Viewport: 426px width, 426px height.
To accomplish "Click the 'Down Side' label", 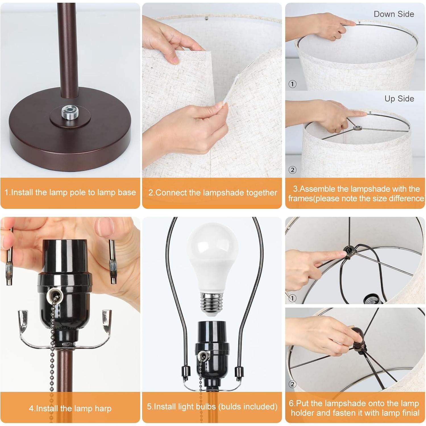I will point(394,14).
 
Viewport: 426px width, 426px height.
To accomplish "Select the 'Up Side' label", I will point(399,99).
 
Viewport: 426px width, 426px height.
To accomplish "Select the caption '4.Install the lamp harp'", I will point(70,408).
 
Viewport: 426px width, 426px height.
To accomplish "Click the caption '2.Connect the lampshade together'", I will point(212,193).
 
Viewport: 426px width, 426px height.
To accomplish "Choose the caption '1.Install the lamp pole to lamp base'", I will point(70,192).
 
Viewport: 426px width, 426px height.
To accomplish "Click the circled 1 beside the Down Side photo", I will point(292,84).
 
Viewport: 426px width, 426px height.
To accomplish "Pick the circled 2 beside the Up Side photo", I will point(292,170).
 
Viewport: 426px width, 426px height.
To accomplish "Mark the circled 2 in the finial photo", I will point(292,384).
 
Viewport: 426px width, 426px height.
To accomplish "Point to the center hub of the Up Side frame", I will point(357,128).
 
